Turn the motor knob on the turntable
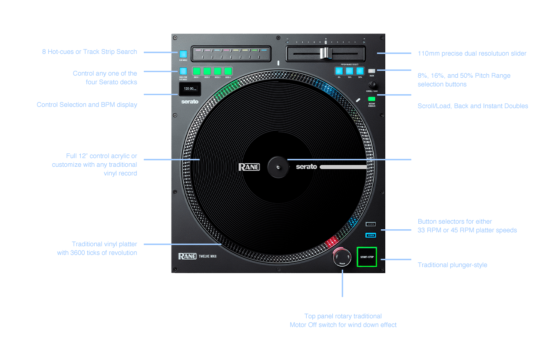click(x=342, y=256)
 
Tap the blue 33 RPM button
click(x=371, y=235)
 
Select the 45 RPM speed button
click(x=371, y=225)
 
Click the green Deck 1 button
click(x=197, y=71)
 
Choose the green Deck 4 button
click(x=228, y=71)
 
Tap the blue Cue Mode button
click(x=183, y=54)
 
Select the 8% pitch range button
click(x=339, y=71)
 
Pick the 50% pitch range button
click(x=360, y=71)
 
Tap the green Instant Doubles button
click(x=371, y=99)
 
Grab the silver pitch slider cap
click(x=325, y=53)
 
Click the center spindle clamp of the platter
click(x=278, y=166)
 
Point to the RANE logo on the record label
click(x=249, y=167)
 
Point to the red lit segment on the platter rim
click(x=331, y=241)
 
